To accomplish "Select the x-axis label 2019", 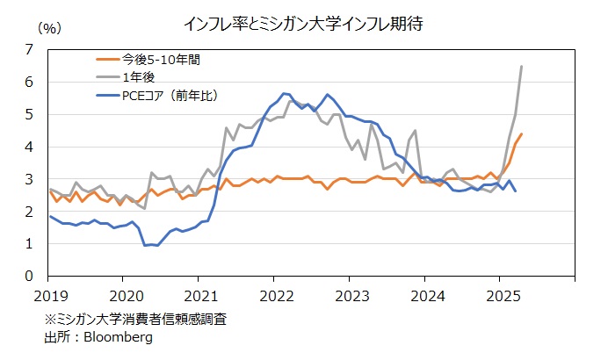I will point(50,293).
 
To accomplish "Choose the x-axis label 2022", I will point(275,293).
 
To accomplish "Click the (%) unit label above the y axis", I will point(49,28).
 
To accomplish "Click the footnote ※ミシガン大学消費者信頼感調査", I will point(141,320).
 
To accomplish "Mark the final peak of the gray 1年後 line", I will point(522,66).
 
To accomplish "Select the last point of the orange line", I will point(522,134).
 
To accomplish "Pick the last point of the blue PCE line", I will point(515,191).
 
